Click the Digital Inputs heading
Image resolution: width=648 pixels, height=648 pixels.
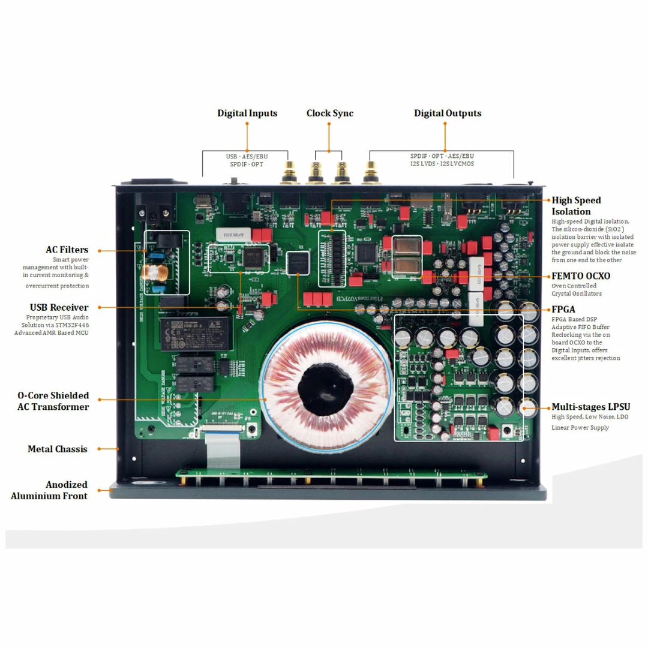pos(247,113)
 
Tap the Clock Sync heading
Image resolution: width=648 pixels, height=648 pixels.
pos(329,113)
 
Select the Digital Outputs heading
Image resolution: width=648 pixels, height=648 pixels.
pos(447,113)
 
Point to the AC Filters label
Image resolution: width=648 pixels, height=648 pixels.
pos(67,250)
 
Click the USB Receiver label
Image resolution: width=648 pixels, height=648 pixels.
pos(59,307)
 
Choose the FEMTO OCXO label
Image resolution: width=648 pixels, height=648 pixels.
pos(581,276)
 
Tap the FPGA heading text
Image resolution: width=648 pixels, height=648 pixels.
pos(563,310)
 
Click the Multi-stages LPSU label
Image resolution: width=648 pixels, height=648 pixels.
pos(590,407)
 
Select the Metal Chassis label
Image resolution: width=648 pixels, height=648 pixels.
pos(58,449)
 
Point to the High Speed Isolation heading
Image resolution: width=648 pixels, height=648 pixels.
pos(576,206)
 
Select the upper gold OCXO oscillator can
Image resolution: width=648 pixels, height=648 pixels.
pos(407,246)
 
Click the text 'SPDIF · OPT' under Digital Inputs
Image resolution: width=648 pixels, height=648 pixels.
pos(247,164)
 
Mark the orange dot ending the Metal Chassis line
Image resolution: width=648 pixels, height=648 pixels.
pos(116,448)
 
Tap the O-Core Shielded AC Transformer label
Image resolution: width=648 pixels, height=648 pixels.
pos(53,401)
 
